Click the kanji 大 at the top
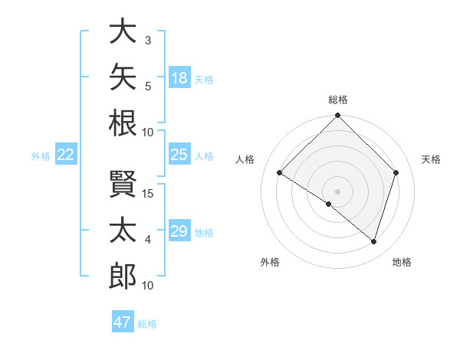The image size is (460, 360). coord(123,31)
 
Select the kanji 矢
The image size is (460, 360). coord(123,77)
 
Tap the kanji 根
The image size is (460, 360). coord(123,123)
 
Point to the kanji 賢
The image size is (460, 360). coord(123,184)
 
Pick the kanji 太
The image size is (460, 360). coord(123,230)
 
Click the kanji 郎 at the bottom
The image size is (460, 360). coord(123,276)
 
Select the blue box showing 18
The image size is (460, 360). coord(179,77)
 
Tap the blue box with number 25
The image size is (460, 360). coord(179,154)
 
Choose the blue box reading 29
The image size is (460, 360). coord(179,230)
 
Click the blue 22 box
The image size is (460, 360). coord(66,154)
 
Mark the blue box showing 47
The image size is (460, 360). coord(123,321)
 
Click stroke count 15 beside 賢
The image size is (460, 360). coord(147,194)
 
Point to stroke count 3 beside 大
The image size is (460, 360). coord(148,41)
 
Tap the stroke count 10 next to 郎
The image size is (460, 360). coord(147,286)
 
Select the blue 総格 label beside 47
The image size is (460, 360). coord(147,324)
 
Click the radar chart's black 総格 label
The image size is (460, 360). coord(338,100)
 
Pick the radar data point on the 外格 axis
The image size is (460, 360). coord(329,204)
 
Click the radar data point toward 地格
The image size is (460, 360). coord(373,242)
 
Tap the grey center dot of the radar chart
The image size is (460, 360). coord(337,191)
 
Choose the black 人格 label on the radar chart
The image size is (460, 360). coord(245,159)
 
